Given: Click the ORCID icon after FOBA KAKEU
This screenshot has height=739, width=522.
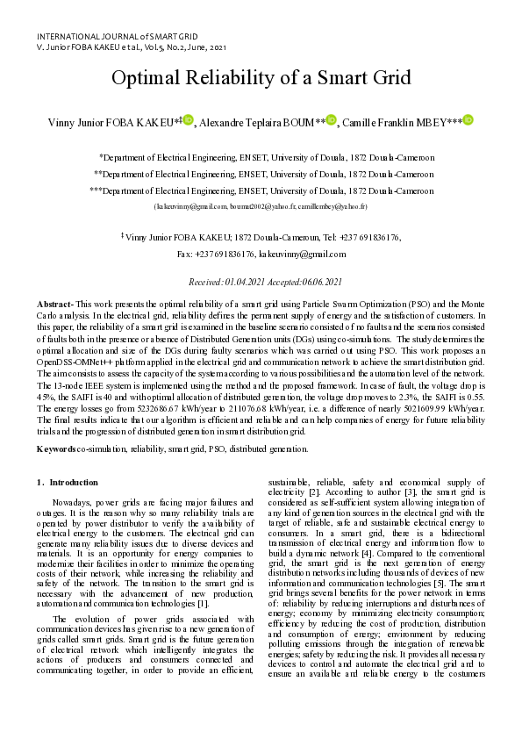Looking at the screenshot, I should click(x=188, y=120).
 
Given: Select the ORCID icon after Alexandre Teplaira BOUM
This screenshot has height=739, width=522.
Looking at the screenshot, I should click(x=331, y=120).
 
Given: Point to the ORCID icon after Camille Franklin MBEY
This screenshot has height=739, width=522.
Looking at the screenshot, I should click(x=468, y=120).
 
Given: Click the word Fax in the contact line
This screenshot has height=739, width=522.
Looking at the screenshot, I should click(x=184, y=254).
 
